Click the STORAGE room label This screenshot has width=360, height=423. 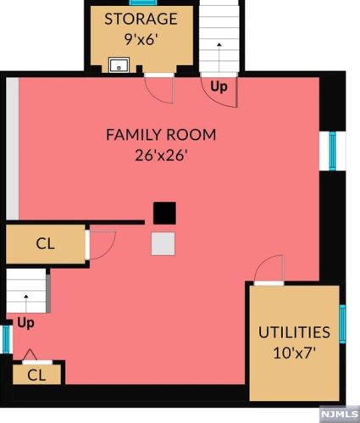(x=141, y=19)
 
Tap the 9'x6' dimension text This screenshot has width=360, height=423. (x=141, y=39)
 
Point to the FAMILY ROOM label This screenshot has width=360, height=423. (x=161, y=135)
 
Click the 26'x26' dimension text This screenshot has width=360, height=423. (x=161, y=155)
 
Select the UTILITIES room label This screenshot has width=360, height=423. (x=294, y=332)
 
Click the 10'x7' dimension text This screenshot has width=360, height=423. (x=294, y=353)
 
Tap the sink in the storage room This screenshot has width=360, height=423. (x=119, y=65)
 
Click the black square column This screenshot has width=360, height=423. (x=164, y=213)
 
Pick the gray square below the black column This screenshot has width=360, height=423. (x=163, y=244)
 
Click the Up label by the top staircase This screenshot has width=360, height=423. (x=219, y=86)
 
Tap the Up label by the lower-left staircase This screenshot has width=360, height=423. (x=25, y=323)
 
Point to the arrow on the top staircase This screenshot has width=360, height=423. (x=219, y=57)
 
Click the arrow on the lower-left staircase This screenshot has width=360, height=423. (x=26, y=303)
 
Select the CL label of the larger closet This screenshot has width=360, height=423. (x=46, y=243)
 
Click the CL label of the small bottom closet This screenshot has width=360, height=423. (x=36, y=376)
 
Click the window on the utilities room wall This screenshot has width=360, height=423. (x=342, y=324)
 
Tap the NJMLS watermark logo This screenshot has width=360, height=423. (x=340, y=415)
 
